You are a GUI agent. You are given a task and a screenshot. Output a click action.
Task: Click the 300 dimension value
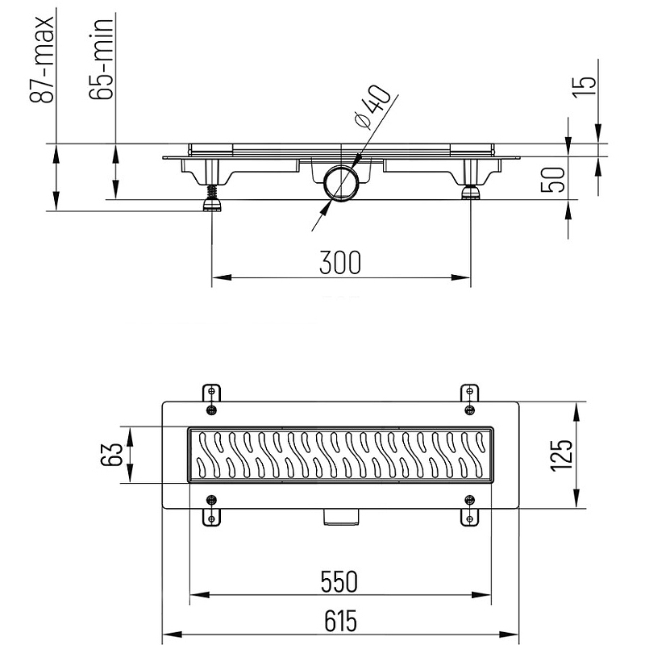click(x=339, y=262)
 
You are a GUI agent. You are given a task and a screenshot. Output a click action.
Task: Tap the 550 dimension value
click(x=339, y=580)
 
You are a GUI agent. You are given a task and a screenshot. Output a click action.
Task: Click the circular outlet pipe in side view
click(x=340, y=184)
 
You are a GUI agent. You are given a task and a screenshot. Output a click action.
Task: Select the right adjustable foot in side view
click(x=469, y=192)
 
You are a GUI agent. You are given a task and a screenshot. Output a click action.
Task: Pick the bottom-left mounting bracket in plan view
click(x=210, y=509)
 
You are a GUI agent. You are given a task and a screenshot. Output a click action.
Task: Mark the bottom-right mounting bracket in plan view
click(x=469, y=509)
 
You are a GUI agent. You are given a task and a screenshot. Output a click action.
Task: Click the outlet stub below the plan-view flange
click(x=339, y=516)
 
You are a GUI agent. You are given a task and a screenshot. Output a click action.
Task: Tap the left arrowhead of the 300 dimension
click(x=218, y=278)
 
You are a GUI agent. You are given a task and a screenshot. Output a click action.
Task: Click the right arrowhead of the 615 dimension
click(x=510, y=633)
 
